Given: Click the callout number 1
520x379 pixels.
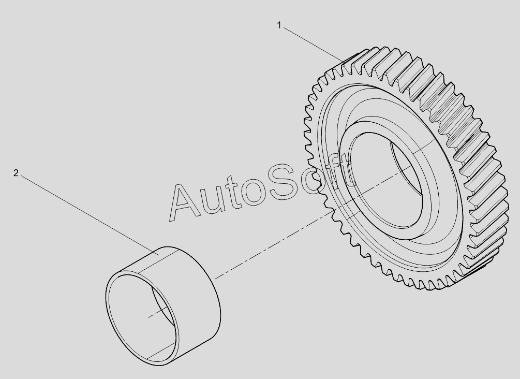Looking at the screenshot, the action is coord(279,25).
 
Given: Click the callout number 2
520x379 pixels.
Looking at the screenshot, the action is coord(16,173).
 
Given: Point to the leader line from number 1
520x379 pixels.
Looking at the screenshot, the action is coord(314,45).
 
